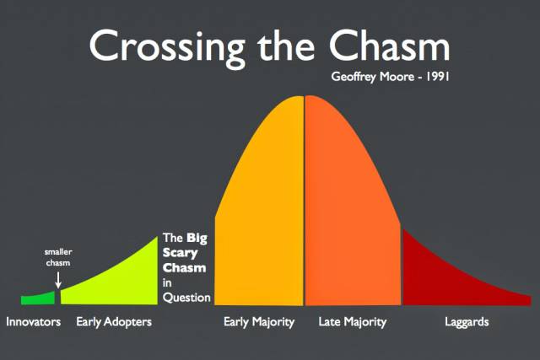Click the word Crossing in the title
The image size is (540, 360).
click(167, 47)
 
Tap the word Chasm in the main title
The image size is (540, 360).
click(389, 45)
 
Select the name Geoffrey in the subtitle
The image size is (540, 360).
click(354, 77)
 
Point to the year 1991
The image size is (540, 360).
click(438, 76)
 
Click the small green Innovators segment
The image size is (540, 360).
click(38, 298)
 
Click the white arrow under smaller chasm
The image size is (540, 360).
click(58, 280)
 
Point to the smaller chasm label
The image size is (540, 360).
click(58, 257)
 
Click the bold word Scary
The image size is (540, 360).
click(180, 253)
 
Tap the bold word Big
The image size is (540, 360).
click(197, 238)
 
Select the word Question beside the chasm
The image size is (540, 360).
click(186, 298)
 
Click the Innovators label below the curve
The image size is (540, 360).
click(34, 322)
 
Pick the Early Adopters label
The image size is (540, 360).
click(114, 322)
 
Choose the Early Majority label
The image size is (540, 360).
click(259, 322)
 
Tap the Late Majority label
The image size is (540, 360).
click(353, 322)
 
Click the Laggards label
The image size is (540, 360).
click(467, 322)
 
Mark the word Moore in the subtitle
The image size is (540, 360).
click(397, 77)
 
